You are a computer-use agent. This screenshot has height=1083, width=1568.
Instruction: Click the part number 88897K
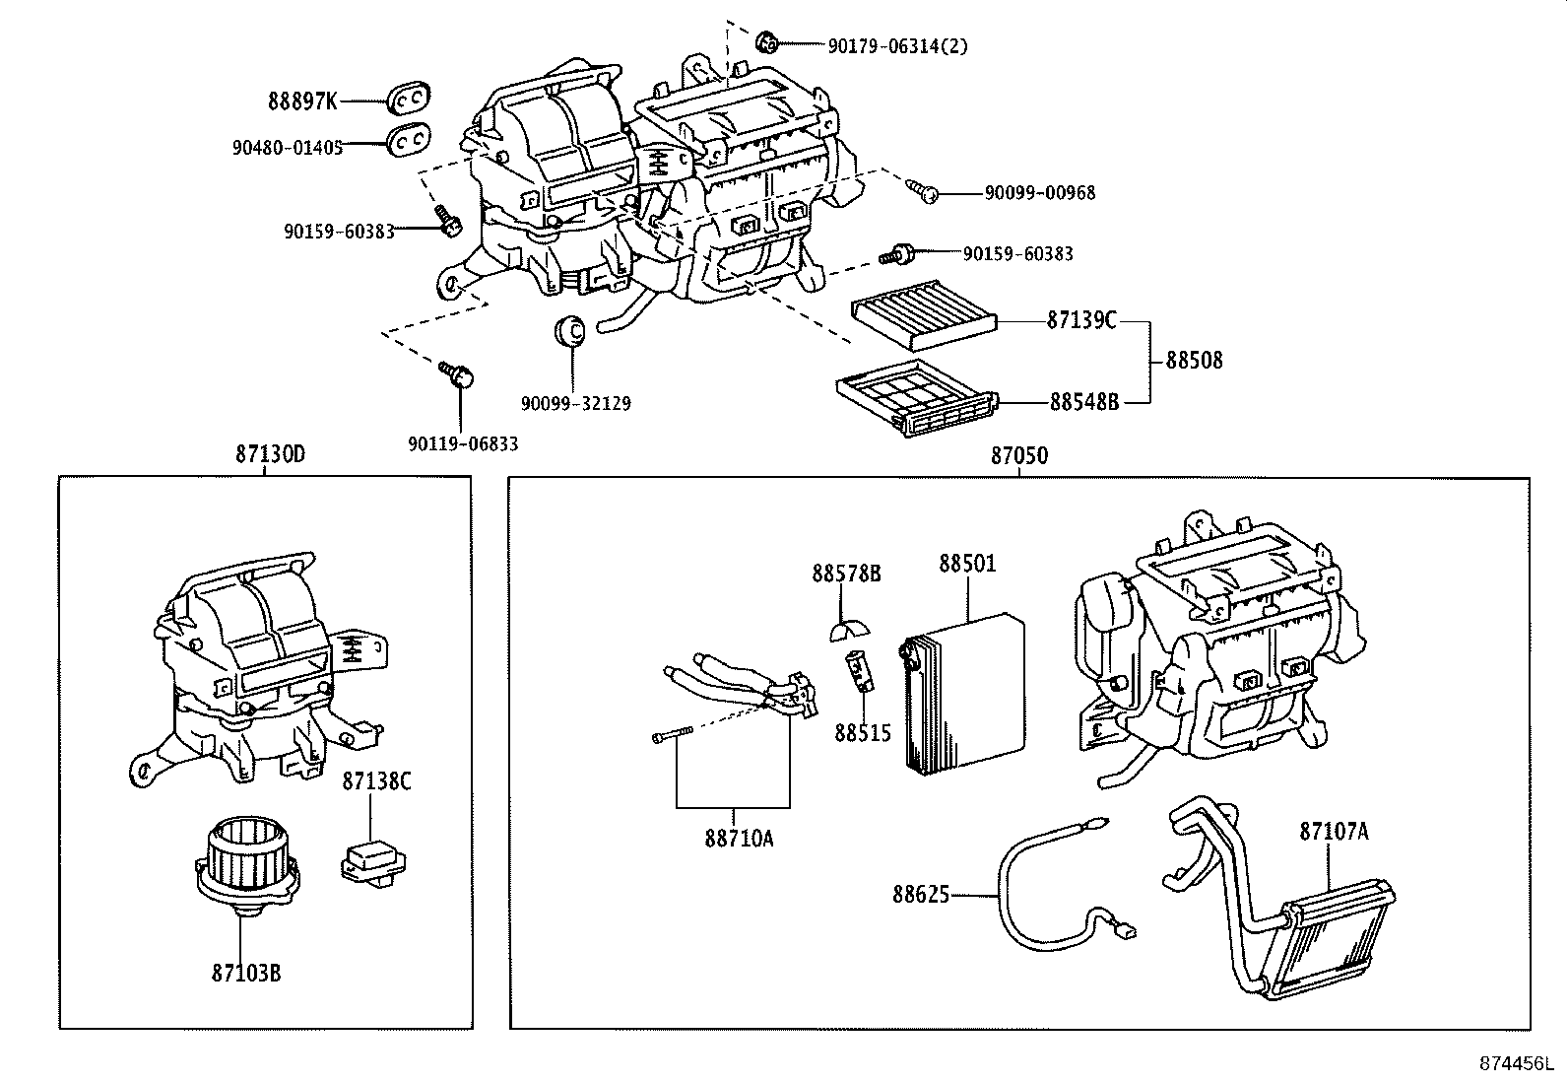(x=302, y=101)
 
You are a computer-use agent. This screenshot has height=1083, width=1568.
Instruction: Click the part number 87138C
(x=376, y=781)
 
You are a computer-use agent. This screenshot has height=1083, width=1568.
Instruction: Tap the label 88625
(x=921, y=895)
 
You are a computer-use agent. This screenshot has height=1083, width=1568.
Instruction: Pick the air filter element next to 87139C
(x=923, y=316)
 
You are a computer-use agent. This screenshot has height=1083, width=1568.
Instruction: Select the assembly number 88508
(x=1194, y=361)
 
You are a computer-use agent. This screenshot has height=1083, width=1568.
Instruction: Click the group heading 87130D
(x=270, y=455)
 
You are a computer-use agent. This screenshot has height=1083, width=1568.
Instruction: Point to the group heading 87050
(x=1019, y=456)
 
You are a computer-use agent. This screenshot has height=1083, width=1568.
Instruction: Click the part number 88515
(x=862, y=733)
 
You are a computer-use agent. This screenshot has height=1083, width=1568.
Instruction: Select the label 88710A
(x=738, y=839)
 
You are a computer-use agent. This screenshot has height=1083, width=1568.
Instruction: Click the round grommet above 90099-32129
(x=570, y=332)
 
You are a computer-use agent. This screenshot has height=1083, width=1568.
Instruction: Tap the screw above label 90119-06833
(x=456, y=373)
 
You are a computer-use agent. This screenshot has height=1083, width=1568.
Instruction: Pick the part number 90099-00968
(x=1039, y=193)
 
